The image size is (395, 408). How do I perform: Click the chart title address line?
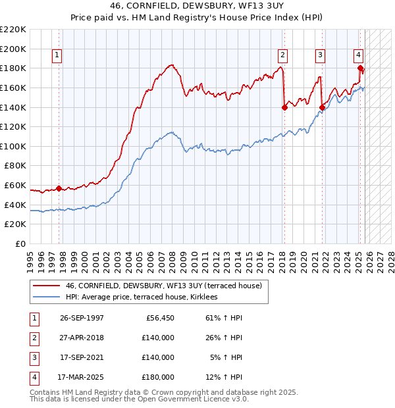coord(197,5)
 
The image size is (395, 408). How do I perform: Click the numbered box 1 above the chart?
coord(59,56)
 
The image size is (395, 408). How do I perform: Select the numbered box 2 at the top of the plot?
coord(282,56)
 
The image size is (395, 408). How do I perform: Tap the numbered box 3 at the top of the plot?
coord(320,56)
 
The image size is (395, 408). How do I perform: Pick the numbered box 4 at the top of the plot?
coord(358,56)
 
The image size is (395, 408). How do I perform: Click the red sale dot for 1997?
coord(59,189)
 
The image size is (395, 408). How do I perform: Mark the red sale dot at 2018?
coord(284,107)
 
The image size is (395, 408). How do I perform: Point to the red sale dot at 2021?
coord(323,107)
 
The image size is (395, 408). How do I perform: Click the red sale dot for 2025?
coord(360,68)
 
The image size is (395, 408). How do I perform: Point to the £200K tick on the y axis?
coord(14,49)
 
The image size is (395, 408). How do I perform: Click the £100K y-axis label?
coord(14,146)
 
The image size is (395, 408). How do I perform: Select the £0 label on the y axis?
coord(21,244)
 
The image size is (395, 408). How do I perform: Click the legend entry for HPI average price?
coord(145,297)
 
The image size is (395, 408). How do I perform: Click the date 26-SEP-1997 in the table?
coord(81,318)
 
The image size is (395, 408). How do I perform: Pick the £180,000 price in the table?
coord(158,377)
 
